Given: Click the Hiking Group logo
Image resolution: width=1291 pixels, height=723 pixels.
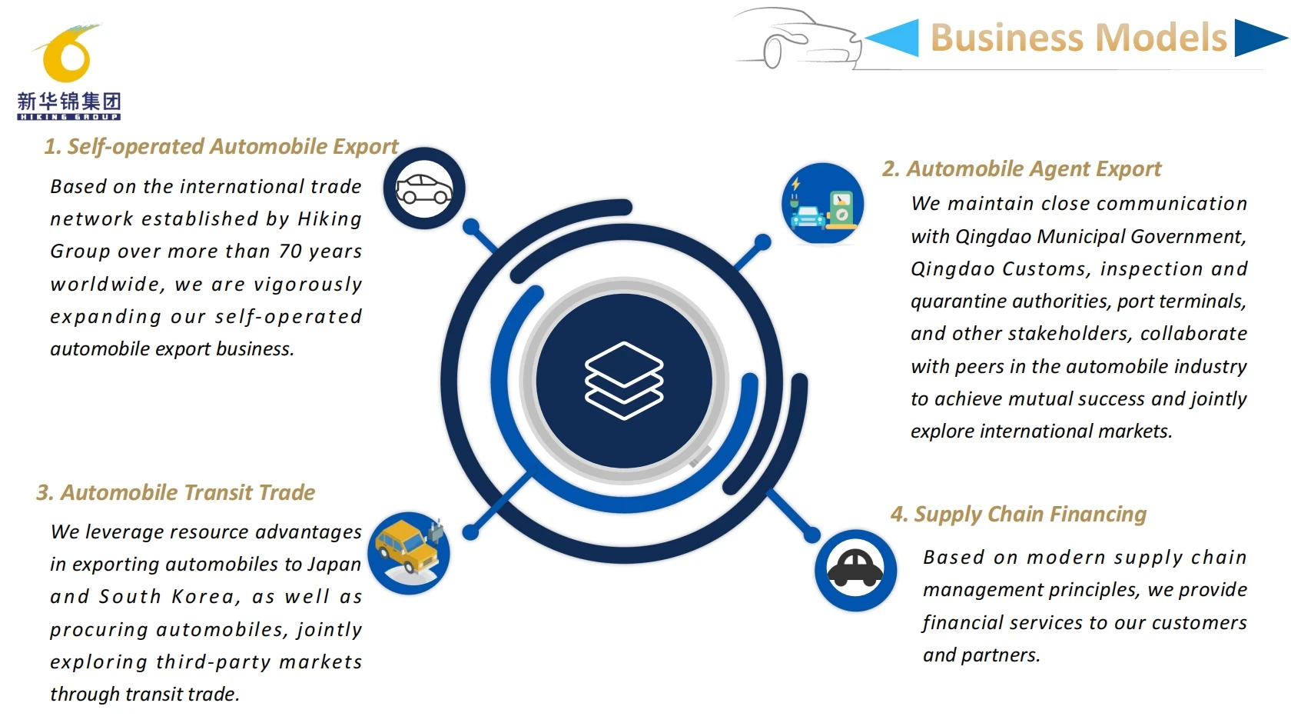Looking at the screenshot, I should coord(68,72).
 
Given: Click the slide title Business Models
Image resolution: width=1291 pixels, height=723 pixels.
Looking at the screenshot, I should coord(1078,38).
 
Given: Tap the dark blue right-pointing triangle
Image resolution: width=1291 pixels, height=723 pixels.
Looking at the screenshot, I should coord(1257,38).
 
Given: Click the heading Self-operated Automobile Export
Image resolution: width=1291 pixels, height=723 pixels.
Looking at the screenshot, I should coord(221,146).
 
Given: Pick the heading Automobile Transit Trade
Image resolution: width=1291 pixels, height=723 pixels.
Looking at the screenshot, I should coord(176,492).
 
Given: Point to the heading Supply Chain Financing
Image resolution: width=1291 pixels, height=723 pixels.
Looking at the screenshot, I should coord(1018,514).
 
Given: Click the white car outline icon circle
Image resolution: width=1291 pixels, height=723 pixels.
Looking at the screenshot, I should coord(424,188).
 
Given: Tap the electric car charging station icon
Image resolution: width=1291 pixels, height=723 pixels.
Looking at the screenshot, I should coord(823,204).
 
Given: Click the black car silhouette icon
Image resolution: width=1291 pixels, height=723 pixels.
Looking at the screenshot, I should coord(855,570).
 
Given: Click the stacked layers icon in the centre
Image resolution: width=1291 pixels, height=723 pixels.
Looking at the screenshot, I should coord(624,381).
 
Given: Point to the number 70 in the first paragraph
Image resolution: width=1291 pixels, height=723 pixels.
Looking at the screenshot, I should coord(290,252).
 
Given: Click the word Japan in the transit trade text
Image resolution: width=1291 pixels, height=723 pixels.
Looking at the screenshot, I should coord(334,565).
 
